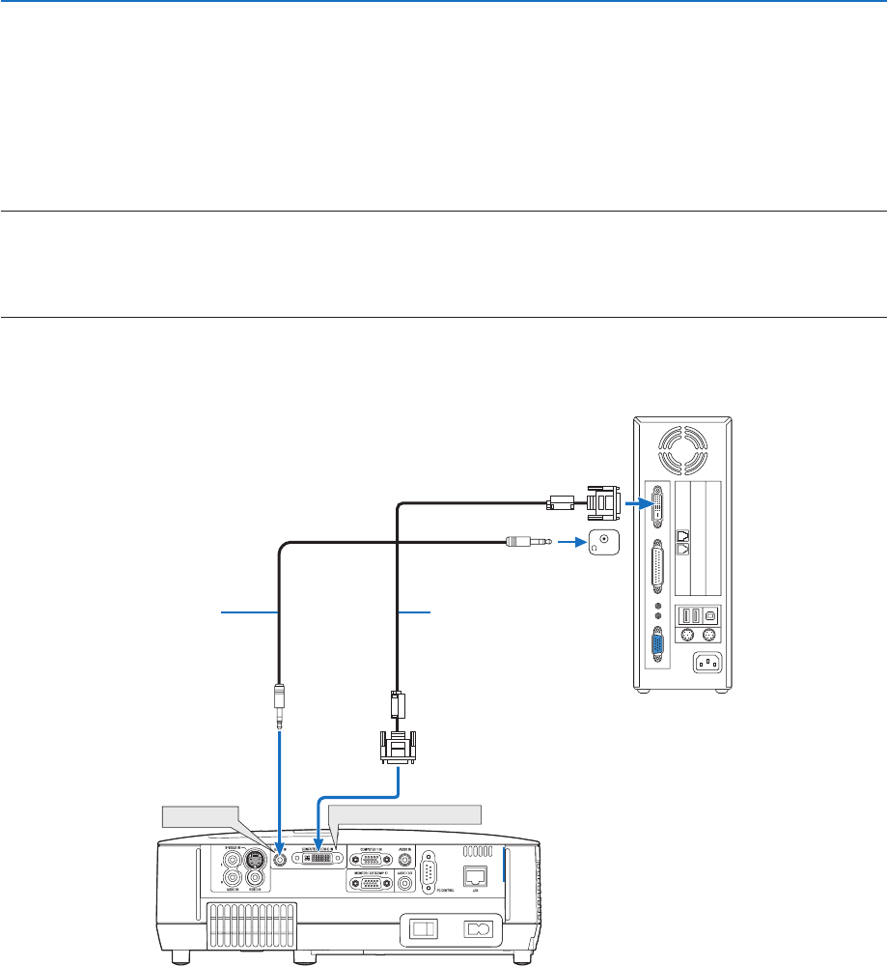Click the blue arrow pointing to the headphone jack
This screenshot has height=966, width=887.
(x=568, y=544)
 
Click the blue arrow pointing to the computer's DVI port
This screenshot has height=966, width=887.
(x=636, y=503)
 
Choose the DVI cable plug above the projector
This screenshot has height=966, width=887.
(x=397, y=747)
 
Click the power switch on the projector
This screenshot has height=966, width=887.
(x=421, y=930)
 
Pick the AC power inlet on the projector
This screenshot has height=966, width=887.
(x=478, y=930)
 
